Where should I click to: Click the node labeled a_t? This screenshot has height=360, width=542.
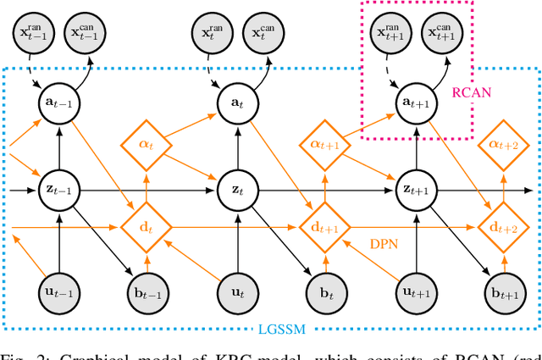click(231, 101)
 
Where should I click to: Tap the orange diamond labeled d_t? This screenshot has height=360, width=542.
click(149, 227)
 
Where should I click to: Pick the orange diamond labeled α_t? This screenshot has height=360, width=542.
click(149, 145)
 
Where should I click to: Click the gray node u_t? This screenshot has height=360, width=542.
click(231, 293)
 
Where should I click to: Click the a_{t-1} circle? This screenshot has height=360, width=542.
click(58, 101)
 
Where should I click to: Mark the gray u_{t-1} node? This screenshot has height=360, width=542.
click(58, 293)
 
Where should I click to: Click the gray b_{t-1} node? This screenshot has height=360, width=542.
click(149, 293)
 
